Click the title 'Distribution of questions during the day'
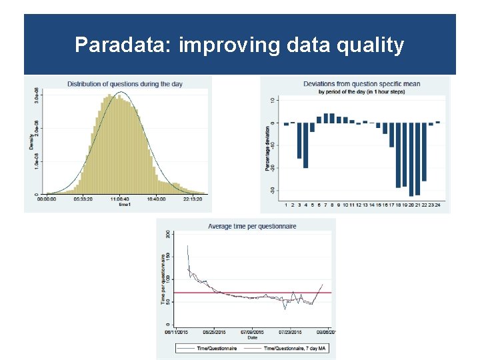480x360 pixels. click(125, 84)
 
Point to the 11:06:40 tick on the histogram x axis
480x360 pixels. click(121, 199)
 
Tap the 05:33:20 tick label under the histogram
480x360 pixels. click(83, 199)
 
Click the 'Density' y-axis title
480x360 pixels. click(31, 141)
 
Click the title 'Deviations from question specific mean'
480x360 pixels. click(361, 84)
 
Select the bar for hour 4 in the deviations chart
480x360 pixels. click(305, 145)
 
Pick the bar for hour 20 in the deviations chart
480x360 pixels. click(411, 159)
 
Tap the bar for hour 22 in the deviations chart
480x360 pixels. click(424, 151)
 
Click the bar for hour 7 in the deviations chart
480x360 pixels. click(325, 119)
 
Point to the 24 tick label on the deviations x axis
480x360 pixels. click(437, 205)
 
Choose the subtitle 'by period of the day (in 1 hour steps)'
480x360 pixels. click(361, 91)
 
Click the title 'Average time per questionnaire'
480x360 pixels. click(252, 227)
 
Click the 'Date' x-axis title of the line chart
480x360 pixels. click(252, 337)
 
